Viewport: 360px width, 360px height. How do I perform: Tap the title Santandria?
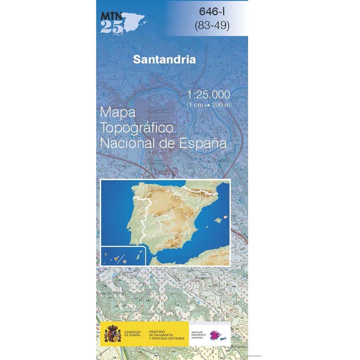[164, 60]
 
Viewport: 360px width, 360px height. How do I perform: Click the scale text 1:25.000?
[209, 95]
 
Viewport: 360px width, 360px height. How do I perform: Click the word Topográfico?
[137, 128]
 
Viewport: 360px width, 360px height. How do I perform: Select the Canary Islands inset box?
[120, 256]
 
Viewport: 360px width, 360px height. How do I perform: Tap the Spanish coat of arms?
[112, 334]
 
